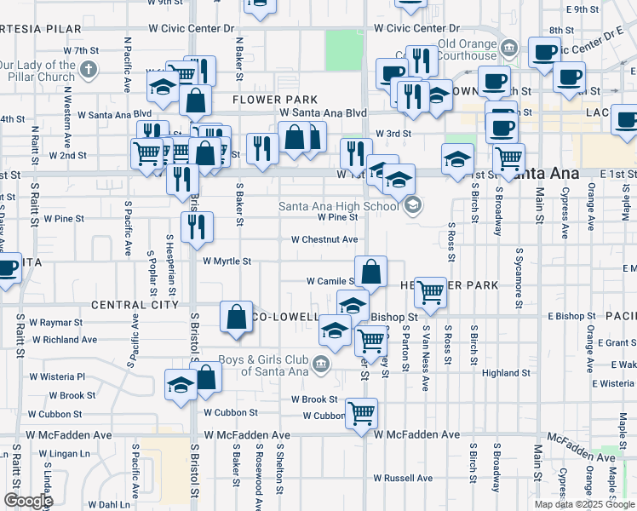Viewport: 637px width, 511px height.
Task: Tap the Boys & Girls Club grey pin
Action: coord(320,365)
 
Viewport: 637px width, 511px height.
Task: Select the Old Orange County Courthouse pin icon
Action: coord(510,45)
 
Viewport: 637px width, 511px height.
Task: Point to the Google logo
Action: coord(28,501)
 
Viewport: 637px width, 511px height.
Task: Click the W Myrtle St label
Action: coord(227,261)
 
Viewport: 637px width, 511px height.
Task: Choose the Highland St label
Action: coord(506,373)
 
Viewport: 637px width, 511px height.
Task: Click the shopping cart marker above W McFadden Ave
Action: coord(361,414)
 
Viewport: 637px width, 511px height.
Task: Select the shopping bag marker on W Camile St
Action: coord(370,273)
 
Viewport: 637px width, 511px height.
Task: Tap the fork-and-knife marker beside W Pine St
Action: coord(197,227)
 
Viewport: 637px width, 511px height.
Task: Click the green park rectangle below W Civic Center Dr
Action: coord(343,50)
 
